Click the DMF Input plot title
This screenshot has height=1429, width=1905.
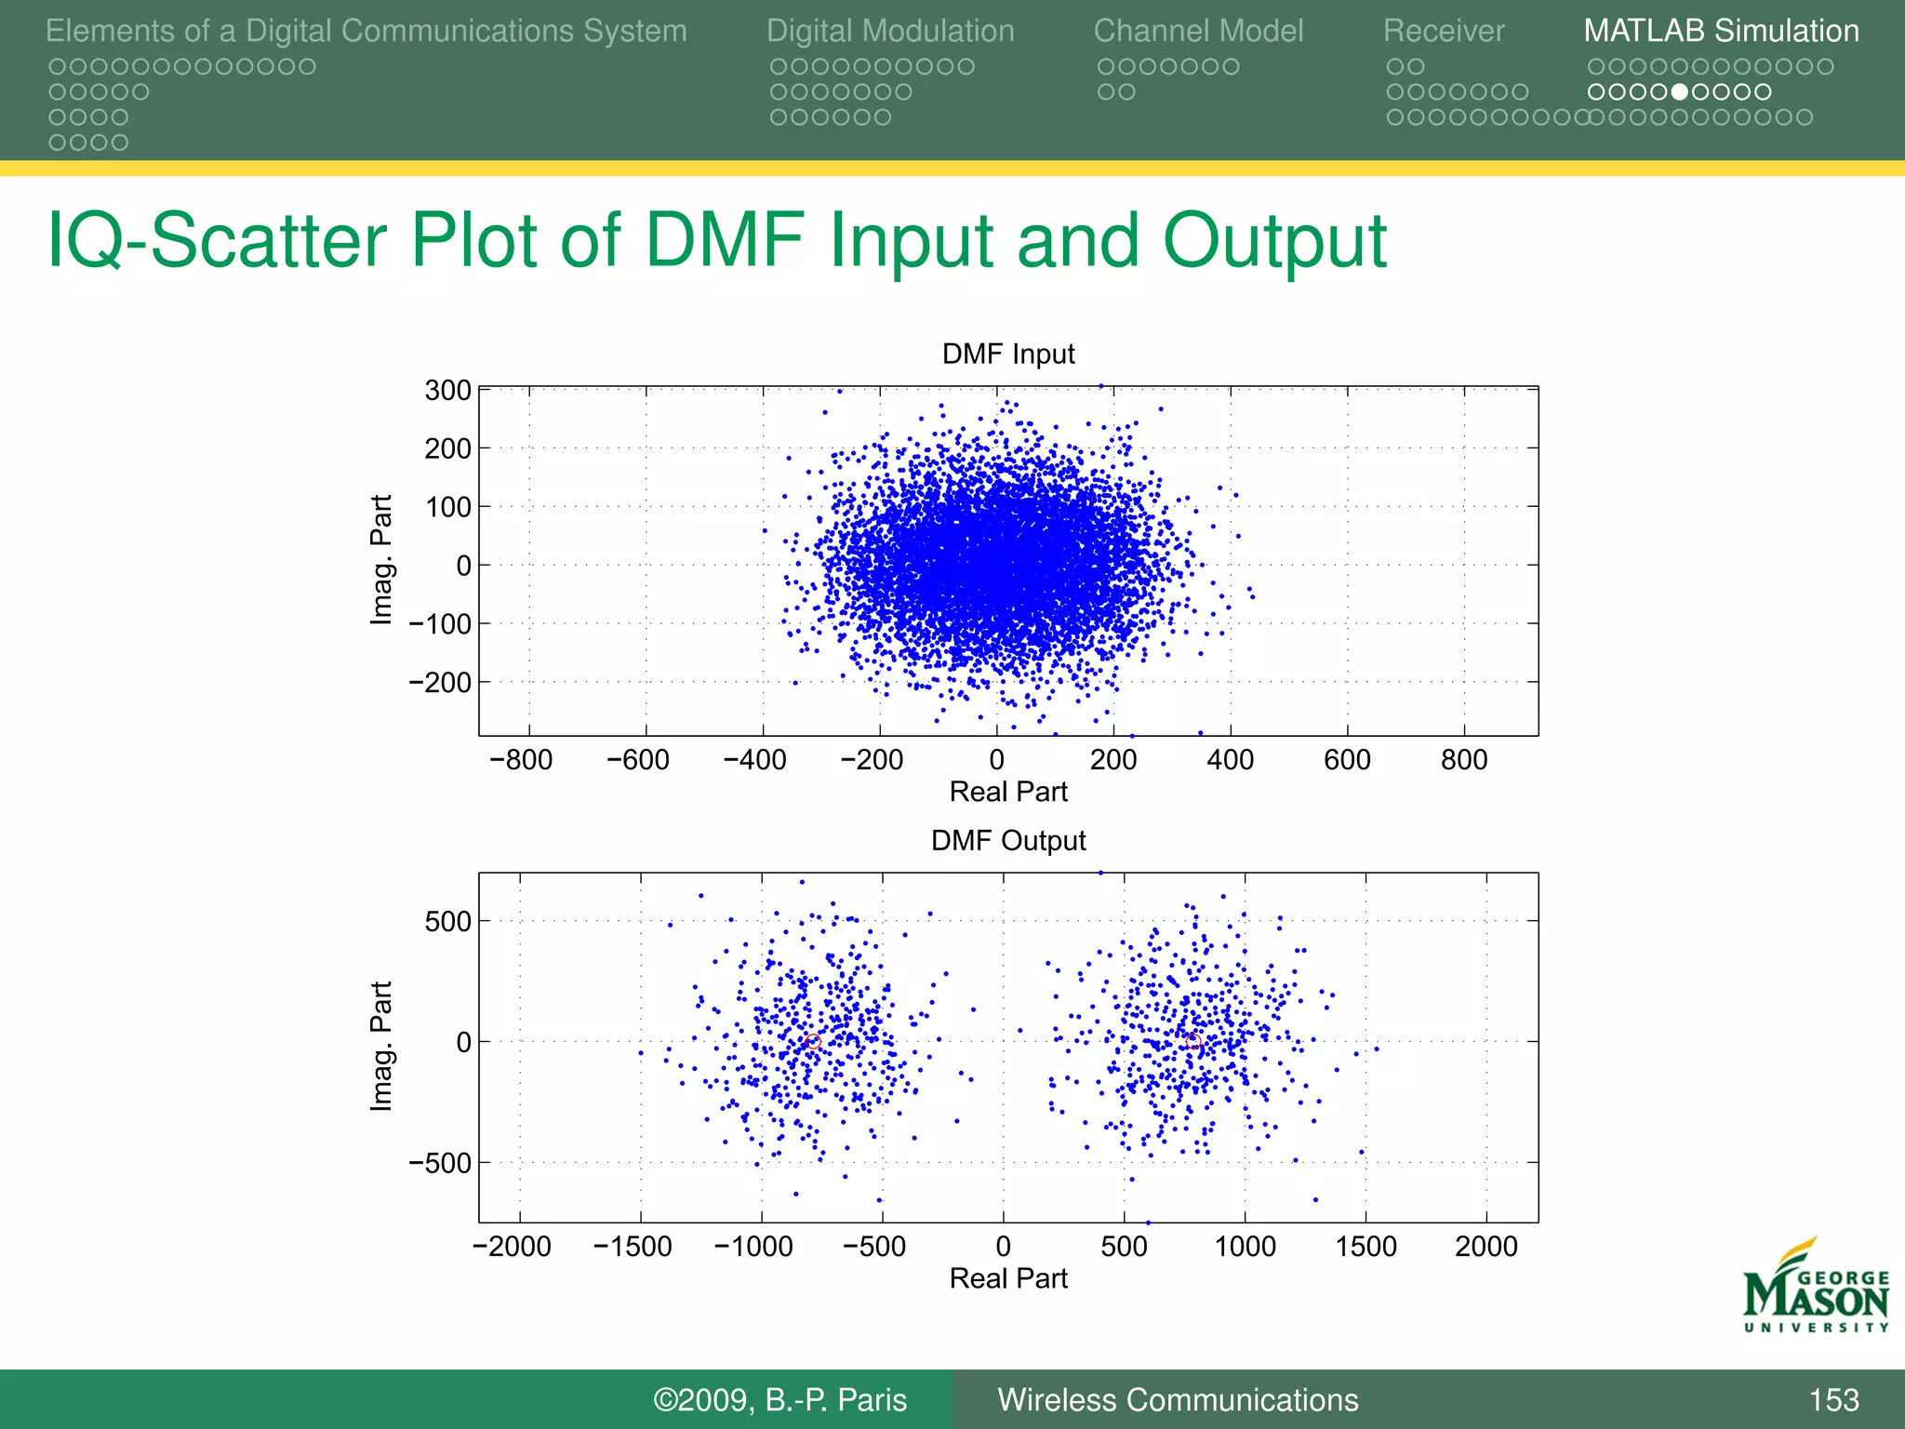1008,354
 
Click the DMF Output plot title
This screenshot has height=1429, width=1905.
1008,841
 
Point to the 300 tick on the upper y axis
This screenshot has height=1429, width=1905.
448,391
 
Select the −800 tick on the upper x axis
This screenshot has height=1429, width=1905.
521,760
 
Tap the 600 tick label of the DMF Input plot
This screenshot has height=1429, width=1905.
1347,760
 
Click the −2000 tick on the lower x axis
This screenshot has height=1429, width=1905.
513,1247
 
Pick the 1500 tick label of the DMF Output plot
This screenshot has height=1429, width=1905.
1365,1247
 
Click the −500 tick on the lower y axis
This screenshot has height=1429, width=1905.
440,1163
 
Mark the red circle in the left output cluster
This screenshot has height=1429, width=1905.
813,1042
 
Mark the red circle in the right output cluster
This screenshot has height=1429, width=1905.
1194,1043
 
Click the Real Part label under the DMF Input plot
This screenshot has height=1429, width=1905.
1008,792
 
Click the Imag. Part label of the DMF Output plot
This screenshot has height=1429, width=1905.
381,1046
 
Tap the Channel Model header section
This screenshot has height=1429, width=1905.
1198,31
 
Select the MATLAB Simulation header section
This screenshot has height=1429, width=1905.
1721,31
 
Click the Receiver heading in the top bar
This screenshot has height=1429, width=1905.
1444,31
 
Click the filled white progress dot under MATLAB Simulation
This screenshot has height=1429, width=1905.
1679,92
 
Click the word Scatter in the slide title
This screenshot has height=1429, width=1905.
268,241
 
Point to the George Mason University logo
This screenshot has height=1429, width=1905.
1816,1289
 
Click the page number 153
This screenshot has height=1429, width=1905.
1833,1400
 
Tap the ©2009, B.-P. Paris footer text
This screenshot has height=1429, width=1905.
779,1400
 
